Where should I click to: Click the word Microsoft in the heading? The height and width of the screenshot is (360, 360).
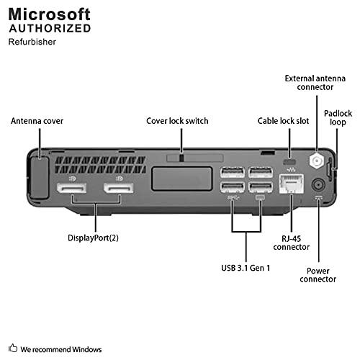coord(50,14)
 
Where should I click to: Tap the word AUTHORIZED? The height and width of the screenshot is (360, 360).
coord(50,29)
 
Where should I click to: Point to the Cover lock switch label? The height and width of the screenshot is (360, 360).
coord(177,121)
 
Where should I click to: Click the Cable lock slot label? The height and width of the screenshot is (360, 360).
coord(284,121)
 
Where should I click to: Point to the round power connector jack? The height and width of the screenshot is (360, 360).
coord(320,187)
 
